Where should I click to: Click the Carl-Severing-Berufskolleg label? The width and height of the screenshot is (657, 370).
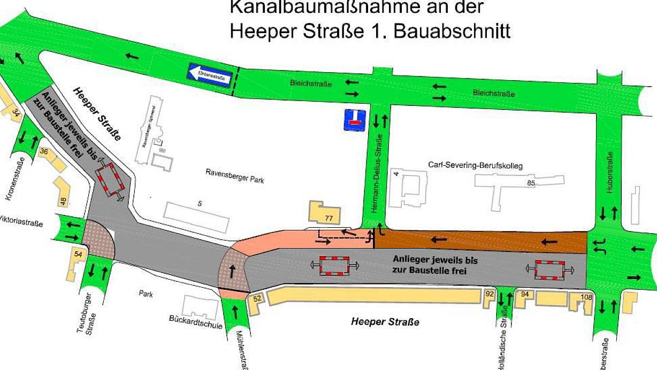pyautogui.click(x=475, y=165)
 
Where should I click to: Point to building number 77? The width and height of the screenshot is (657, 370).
pyautogui.click(x=328, y=218)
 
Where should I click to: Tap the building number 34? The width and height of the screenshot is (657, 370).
pyautogui.click(x=17, y=112)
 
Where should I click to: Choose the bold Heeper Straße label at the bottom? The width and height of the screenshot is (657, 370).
pyautogui.click(x=385, y=322)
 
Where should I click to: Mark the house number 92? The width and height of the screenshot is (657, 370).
pyautogui.click(x=489, y=294)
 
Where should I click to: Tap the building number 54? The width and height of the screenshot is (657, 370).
pyautogui.click(x=78, y=254)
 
